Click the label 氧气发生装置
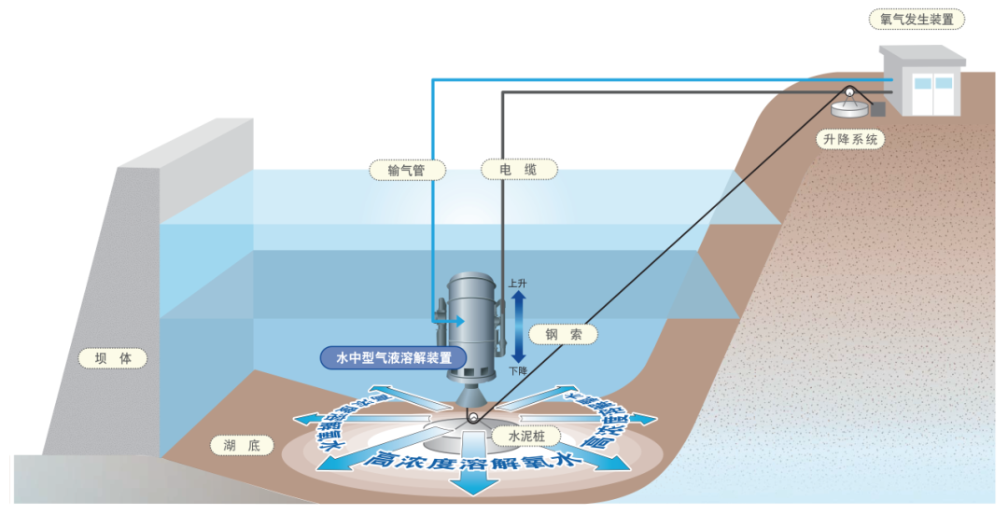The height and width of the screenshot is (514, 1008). [x=917, y=19]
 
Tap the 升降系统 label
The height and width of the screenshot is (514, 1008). [x=848, y=140]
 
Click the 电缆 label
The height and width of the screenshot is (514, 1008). [x=518, y=170]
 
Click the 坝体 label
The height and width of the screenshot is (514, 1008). [x=113, y=357]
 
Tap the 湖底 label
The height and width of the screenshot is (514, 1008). [x=235, y=444]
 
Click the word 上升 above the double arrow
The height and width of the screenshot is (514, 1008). [x=517, y=283]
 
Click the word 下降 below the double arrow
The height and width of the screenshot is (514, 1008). [x=517, y=370]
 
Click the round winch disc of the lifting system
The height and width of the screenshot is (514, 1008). [x=851, y=109]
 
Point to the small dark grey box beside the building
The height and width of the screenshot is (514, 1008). [x=878, y=109]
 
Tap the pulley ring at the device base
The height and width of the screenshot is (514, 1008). [x=474, y=419]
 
